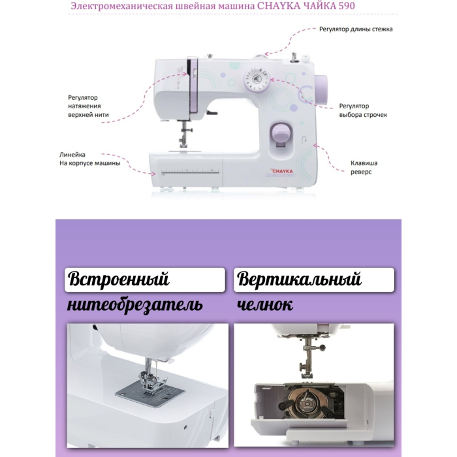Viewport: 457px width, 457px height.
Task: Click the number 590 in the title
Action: pyautogui.click(x=347, y=7)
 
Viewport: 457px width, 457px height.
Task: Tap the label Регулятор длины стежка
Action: pyautogui.click(x=356, y=29)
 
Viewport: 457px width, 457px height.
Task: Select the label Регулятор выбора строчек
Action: pyautogui.click(x=363, y=110)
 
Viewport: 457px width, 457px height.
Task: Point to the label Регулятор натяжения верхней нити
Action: pyautogui.click(x=88, y=106)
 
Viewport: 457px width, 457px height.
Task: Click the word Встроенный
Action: pyautogui.click(x=118, y=280)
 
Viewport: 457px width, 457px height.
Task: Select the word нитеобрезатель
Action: pyautogui.click(x=134, y=305)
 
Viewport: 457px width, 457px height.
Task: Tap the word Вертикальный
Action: pyautogui.click(x=299, y=280)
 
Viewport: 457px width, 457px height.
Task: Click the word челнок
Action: pyautogui.click(x=266, y=305)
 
